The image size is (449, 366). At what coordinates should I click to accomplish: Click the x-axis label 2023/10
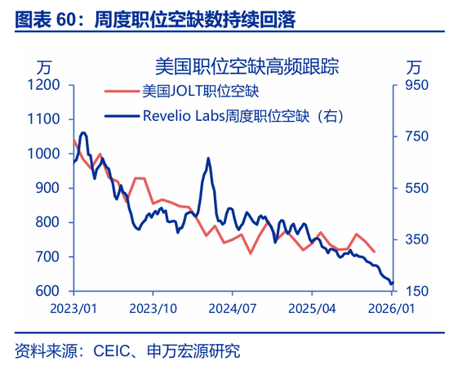pyautogui.click(x=153, y=309)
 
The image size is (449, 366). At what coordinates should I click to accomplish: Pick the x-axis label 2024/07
pyautogui.click(x=232, y=309)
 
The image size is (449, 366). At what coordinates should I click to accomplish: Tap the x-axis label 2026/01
pyautogui.click(x=391, y=309)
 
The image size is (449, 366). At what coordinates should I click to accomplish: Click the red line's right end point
pyautogui.click(x=375, y=252)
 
